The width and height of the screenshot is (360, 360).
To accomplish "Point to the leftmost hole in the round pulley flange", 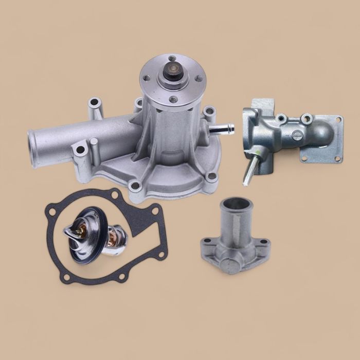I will click(148, 79).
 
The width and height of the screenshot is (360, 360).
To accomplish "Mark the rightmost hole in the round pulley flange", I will click(198, 79).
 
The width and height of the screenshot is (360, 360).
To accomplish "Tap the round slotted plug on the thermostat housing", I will click(297, 135).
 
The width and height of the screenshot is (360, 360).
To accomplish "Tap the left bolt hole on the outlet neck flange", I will click(207, 241).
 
